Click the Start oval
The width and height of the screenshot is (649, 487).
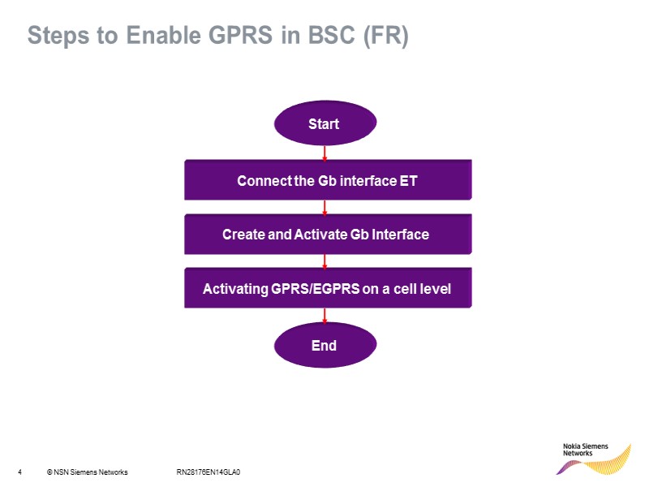324,124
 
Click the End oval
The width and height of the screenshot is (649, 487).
324,346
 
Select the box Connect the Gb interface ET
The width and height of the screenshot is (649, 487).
328,180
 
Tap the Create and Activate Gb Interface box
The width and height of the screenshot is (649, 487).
328,235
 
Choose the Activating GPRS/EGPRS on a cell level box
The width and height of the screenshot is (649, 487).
328,289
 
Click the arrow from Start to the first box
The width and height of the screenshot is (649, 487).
324,153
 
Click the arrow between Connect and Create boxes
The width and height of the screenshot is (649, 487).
324,208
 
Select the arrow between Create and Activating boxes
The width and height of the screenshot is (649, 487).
324,261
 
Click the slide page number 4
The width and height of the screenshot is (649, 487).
19,472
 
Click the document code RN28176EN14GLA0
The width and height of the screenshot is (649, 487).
208,472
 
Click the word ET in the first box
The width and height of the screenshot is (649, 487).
409,180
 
